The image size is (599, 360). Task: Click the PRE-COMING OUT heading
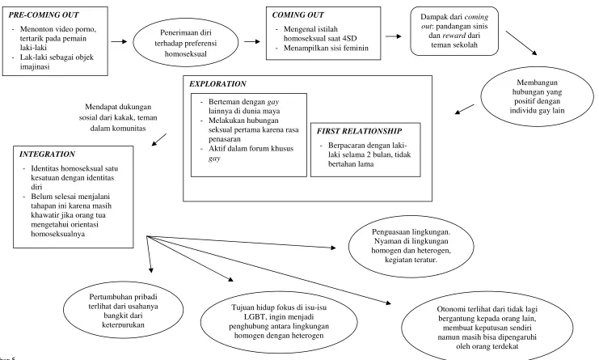coord(44,15)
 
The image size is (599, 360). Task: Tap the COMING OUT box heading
coord(297,15)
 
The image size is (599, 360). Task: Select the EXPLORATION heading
coord(217,83)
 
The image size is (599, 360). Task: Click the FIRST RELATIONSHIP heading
coord(359,131)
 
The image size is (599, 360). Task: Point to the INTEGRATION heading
coord(47,154)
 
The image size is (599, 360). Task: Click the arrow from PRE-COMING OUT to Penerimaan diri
coord(119,41)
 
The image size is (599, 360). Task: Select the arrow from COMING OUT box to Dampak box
coord(394,36)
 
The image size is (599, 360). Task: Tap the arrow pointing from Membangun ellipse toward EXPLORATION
coord(464,109)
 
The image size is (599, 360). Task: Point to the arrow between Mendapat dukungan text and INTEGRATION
coord(159,139)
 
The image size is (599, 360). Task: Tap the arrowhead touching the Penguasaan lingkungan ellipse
coord(333,248)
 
